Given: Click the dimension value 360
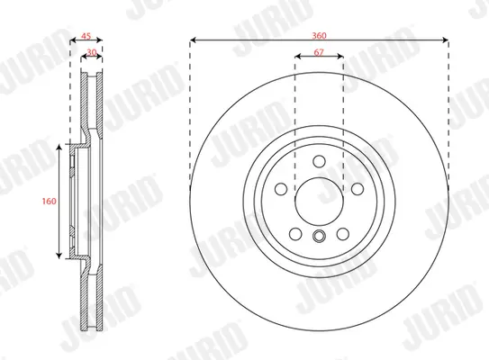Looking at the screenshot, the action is tap(319, 35).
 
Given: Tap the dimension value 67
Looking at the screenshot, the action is tap(319, 52).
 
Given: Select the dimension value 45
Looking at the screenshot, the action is tap(86, 36).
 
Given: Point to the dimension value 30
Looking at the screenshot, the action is tap(92, 52).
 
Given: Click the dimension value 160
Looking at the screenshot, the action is tap(49, 202).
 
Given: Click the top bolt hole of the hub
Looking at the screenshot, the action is tap(319, 161).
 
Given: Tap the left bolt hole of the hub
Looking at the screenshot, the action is tap(281, 189).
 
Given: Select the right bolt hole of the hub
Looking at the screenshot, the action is tap(358, 189).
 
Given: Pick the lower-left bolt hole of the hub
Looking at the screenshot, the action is tap(295, 234).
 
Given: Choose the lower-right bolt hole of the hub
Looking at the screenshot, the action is tap(343, 234).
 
